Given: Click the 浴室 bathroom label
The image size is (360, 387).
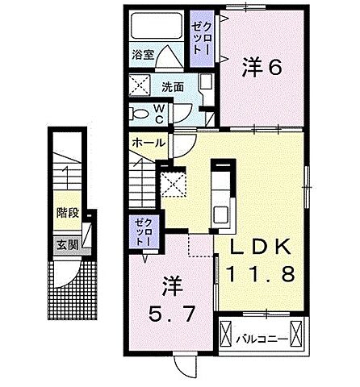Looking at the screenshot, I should [x=143, y=56].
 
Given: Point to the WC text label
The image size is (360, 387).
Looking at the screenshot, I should [x=159, y=113].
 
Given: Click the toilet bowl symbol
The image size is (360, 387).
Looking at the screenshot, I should [x=140, y=113].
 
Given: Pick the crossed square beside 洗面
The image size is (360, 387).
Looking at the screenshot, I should [x=140, y=85].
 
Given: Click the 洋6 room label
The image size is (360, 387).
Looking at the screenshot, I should [x=262, y=69].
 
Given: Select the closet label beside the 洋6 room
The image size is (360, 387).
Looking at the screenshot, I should [x=199, y=36].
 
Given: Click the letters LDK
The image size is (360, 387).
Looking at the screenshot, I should [x=260, y=246].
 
